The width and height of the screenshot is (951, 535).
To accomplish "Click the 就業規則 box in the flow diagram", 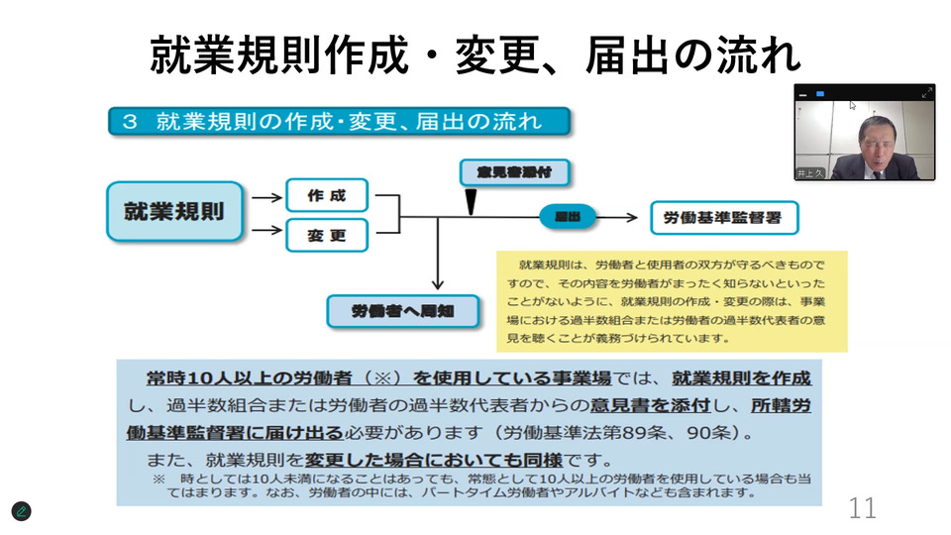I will click(173, 211).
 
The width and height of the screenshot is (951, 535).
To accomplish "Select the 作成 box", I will click(326, 195).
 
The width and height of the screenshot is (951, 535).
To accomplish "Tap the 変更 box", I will click(326, 236).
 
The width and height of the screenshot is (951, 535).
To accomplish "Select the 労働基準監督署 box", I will click(724, 217).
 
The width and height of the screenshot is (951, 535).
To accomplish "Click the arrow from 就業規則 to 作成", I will click(266, 197).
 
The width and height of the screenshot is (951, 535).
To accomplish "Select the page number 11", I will click(862, 508).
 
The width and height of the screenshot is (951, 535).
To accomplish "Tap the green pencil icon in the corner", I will click(21, 511).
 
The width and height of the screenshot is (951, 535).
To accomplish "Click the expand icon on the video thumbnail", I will click(927, 93).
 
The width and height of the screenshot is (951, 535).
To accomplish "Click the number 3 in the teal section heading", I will click(129, 122).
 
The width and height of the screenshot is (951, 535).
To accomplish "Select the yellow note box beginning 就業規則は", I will click(671, 301).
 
